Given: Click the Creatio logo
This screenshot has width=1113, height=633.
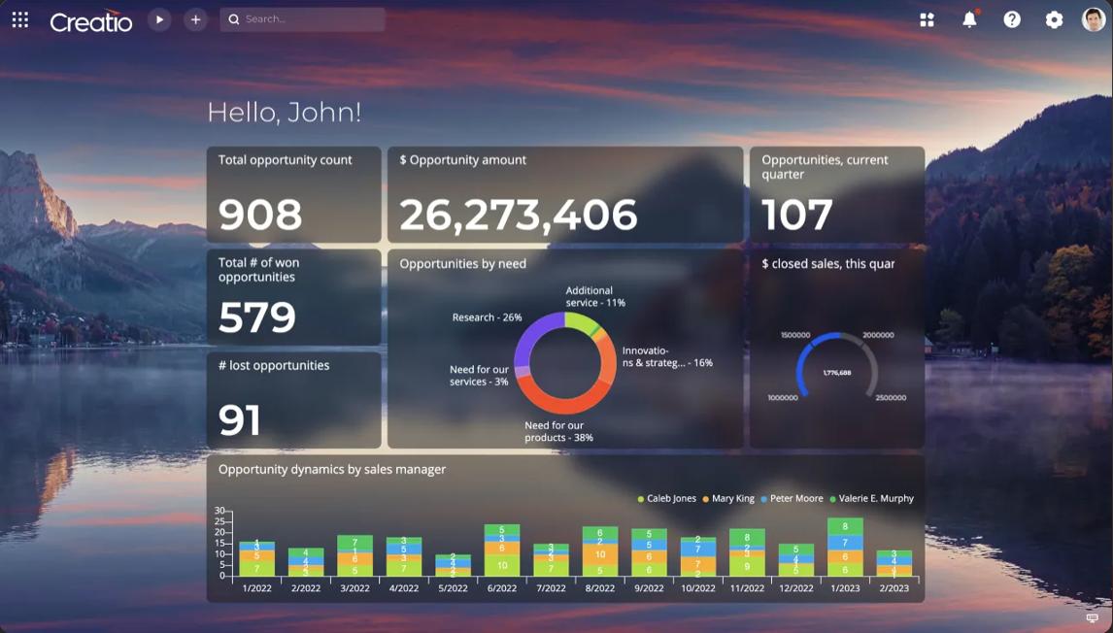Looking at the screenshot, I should coord(90,20).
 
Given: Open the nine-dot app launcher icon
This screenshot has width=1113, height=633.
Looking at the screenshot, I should coord(20,19).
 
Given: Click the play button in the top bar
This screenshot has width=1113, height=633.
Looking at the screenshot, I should coord(159,19).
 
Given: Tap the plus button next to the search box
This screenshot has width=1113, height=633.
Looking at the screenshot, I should coord(195,19).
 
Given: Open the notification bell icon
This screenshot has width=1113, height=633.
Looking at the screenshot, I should coord(969,19).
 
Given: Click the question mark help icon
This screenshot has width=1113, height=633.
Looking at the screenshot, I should coord(1012,19).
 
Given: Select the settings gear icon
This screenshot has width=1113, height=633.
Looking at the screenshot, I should coord(1054,19).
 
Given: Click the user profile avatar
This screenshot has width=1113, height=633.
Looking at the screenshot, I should coord(1094,19).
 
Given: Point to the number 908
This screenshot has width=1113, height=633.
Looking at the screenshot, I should coord(260,215).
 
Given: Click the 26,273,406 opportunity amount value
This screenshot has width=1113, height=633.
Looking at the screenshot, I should coord(518,215).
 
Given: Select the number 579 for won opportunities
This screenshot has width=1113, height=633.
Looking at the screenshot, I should coord(257,317).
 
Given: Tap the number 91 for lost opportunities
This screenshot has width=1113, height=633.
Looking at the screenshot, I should coord(240,420).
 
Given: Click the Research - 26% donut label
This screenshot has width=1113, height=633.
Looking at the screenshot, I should coord(487,317).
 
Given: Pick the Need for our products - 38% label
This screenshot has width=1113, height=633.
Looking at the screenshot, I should coord(558,431).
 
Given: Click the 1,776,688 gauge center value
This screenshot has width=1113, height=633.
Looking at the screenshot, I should coord(837,373).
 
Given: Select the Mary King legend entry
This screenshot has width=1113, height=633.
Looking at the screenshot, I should coord(732,498).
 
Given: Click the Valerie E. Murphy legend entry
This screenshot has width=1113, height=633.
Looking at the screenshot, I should coord(875,498).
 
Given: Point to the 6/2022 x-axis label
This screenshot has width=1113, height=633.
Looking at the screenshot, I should coord(502,588).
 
